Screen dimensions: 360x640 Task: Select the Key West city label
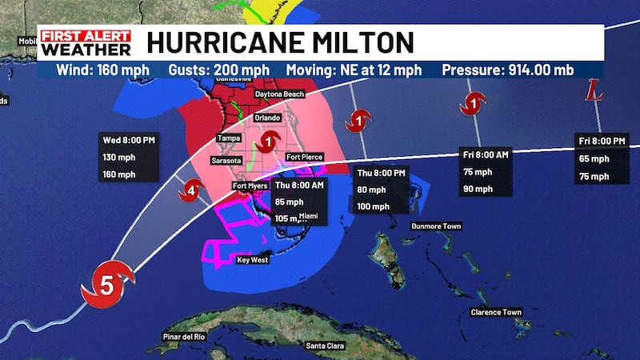coord(252,260)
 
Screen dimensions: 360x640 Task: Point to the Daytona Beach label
coord(279,94)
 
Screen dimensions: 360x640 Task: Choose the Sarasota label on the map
coord(226,160)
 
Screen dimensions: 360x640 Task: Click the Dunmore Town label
coord(436,226)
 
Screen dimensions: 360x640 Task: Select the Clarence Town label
coord(496,311)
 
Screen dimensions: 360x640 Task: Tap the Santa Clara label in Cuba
coord(326,346)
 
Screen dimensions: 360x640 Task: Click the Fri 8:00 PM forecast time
coord(602,141)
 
